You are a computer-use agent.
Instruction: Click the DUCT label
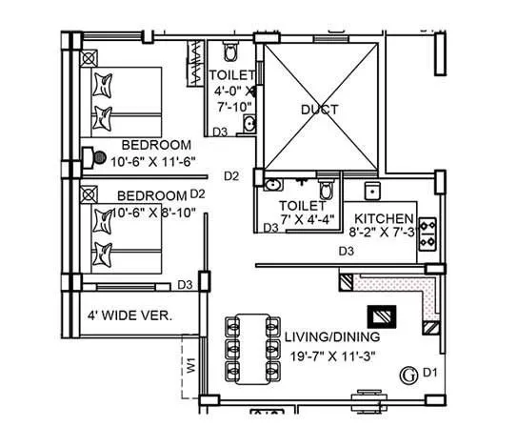pos(320,110)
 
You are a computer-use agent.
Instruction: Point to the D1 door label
pos(429,372)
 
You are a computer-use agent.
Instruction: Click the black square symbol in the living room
pos(381,316)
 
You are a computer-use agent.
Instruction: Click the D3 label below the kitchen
pos(348,252)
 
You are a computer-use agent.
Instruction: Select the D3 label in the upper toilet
pos(219,131)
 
